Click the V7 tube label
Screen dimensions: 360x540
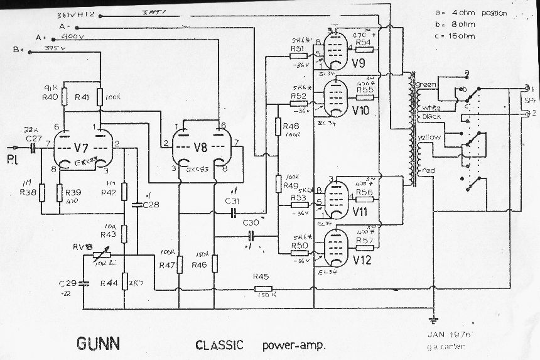pyautogui.click(x=78, y=149)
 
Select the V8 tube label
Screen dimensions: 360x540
pyautogui.click(x=200, y=148)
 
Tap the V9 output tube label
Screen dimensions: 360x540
pyautogui.click(x=359, y=63)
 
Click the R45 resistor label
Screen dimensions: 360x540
pyautogui.click(x=261, y=276)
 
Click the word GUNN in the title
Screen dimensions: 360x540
pyautogui.click(x=99, y=344)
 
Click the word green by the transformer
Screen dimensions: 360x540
pyautogui.click(x=426, y=84)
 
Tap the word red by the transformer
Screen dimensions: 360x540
pyautogui.click(x=429, y=170)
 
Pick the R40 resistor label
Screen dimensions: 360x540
pyautogui.click(x=50, y=97)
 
